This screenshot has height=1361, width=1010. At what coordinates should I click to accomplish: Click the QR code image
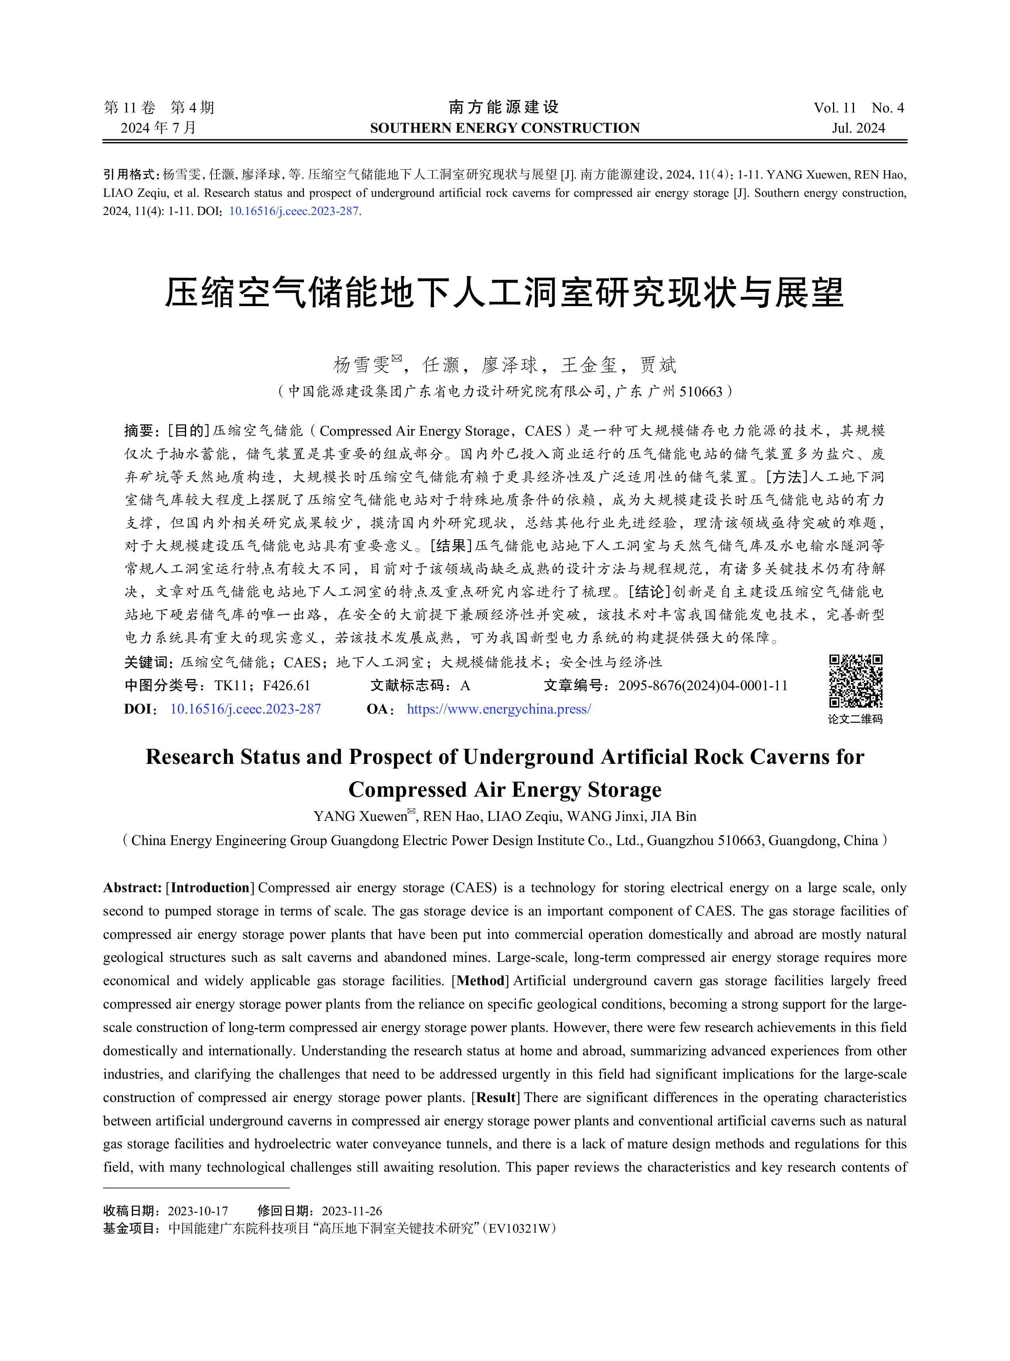click(x=855, y=680)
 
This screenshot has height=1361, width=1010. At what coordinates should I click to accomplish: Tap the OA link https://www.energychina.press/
click(x=498, y=709)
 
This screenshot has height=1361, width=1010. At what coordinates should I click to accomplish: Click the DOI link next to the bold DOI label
click(x=245, y=709)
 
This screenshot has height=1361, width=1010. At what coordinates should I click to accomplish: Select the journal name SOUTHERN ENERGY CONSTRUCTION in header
click(x=504, y=128)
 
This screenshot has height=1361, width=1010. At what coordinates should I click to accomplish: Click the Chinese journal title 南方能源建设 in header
click(x=504, y=108)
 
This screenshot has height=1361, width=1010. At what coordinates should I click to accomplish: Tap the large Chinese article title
click(x=504, y=293)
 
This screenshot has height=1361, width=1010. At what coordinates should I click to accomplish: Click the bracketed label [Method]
click(x=480, y=981)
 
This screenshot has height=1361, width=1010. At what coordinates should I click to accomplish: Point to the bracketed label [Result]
click(x=495, y=1098)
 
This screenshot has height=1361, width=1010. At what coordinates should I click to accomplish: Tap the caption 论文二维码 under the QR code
click(x=855, y=720)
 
